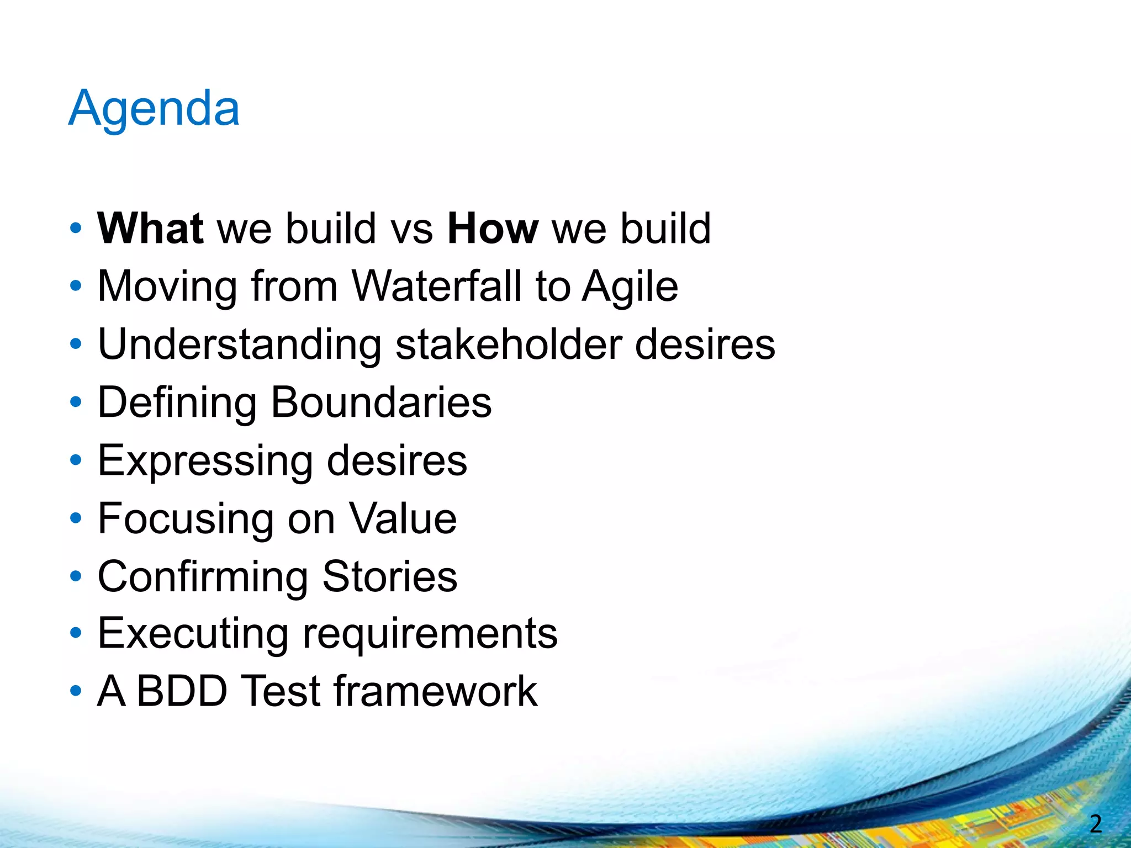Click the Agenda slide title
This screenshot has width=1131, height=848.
tap(154, 109)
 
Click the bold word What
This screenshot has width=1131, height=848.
tap(150, 229)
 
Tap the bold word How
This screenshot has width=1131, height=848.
tap(493, 229)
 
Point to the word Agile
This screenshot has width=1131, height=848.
tap(630, 287)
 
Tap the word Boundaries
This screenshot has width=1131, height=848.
tap(381, 402)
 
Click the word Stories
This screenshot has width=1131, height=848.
tap(389, 576)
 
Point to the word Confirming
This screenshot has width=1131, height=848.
tap(203, 577)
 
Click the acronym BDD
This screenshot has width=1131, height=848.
tap(182, 691)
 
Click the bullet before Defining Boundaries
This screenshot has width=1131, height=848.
tap(76, 402)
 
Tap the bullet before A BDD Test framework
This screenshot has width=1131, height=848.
tap(76, 691)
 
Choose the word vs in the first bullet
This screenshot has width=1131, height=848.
tap(411, 230)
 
